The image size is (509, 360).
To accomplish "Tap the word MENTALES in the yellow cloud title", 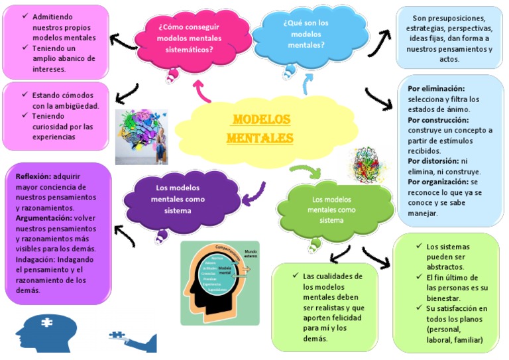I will coord(260,139).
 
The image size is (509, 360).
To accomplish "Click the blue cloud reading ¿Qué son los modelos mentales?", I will coord(306,34).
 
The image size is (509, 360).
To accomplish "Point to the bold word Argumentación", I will coord(44,217).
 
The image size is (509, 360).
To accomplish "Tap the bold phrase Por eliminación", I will coord(436,89).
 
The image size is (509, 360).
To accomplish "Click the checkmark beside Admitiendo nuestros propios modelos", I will coord(24,16).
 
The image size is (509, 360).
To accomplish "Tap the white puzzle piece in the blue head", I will coord(47,323).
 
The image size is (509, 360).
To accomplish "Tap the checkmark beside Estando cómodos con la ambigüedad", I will coord(24,95).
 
